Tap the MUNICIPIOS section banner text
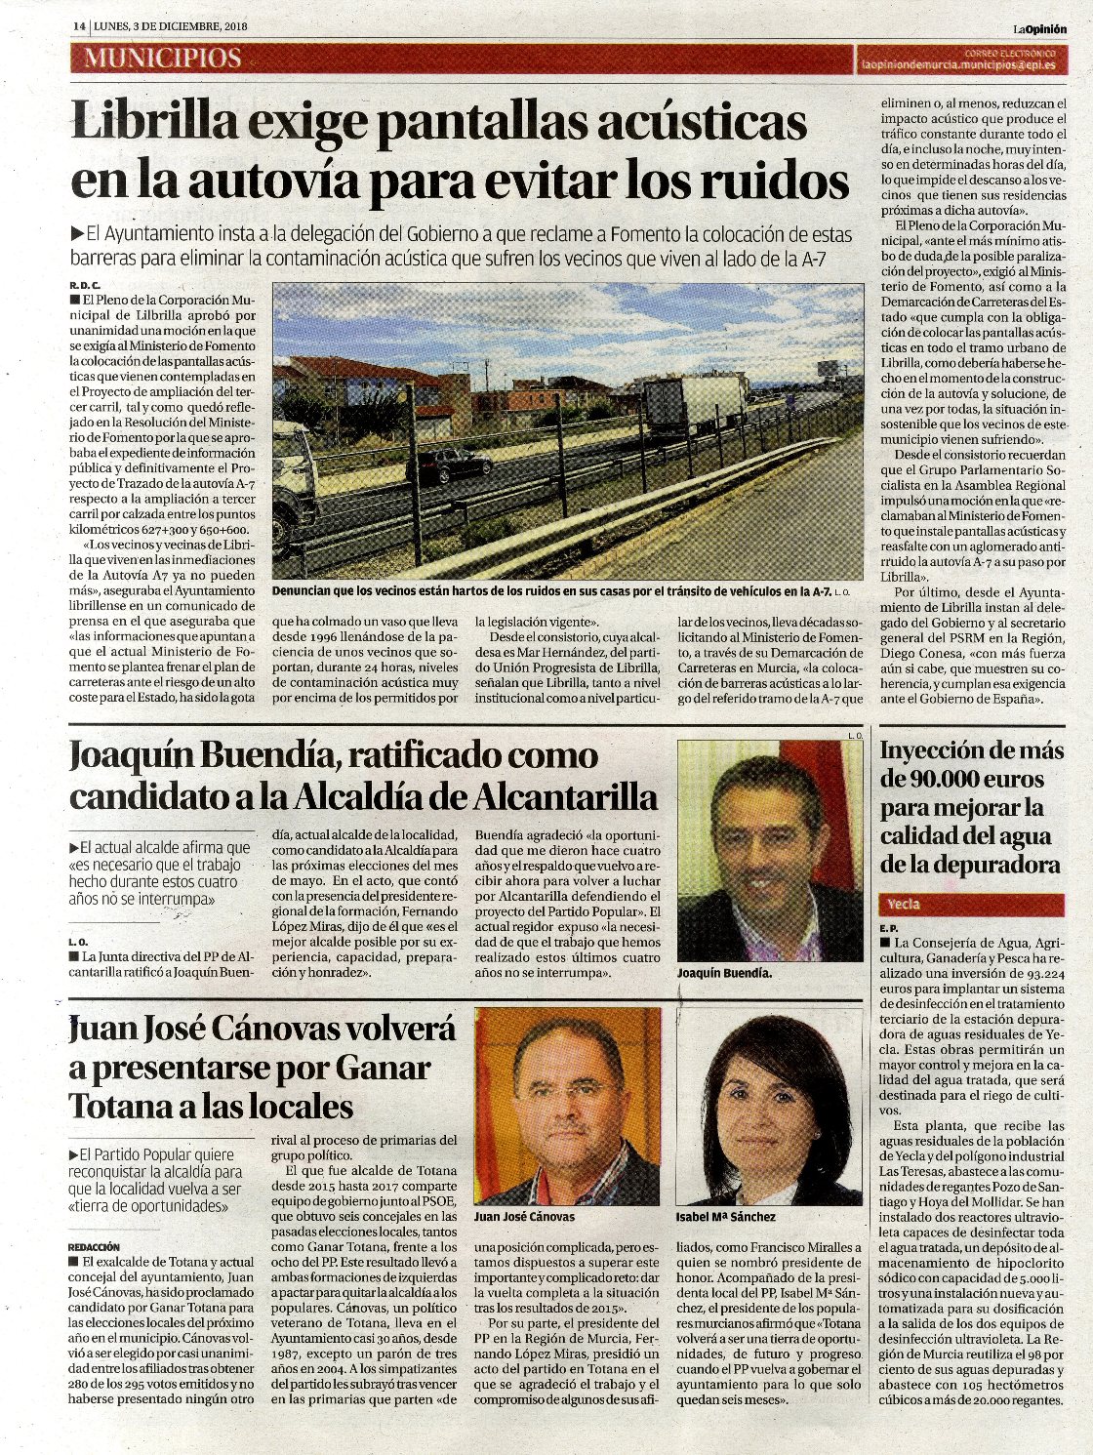pos(162,58)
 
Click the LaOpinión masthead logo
pos(1038,28)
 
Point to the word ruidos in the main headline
pos(771,181)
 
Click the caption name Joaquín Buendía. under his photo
pos(724,973)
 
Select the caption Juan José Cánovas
pos(524,1217)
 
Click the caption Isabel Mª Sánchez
pos(725,1217)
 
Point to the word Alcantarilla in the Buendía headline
pos(565,797)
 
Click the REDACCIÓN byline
pos(94,1246)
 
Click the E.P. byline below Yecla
pos(888,927)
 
